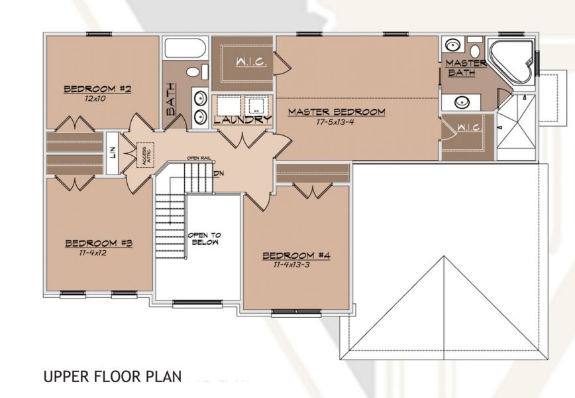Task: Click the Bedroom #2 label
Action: pyautogui.click(x=97, y=89)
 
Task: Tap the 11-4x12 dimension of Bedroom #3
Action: pyautogui.click(x=93, y=253)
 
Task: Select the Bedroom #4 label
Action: pyautogui.click(x=296, y=255)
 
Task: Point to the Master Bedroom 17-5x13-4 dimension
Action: pyautogui.click(x=335, y=122)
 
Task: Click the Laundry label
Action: pyautogui.click(x=242, y=119)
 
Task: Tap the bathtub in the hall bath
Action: pyautogui.click(x=184, y=48)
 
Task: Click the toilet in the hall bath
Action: pyautogui.click(x=197, y=72)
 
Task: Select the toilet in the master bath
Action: pyautogui.click(x=475, y=48)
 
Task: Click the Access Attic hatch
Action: pyautogui.click(x=145, y=155)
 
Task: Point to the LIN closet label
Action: pyautogui.click(x=113, y=153)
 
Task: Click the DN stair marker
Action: pyautogui.click(x=219, y=173)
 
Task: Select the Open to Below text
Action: pyautogui.click(x=205, y=239)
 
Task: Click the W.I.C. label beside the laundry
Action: pyautogui.click(x=251, y=62)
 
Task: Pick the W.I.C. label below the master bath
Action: pyautogui.click(x=470, y=128)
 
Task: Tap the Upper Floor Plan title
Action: pyautogui.click(x=113, y=377)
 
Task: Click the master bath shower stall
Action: pyautogui.click(x=517, y=127)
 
